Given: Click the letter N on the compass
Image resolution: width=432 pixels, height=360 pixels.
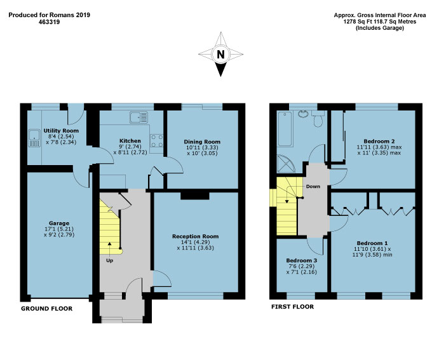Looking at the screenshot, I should point(220,55).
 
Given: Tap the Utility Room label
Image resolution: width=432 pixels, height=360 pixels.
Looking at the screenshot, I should point(48,131).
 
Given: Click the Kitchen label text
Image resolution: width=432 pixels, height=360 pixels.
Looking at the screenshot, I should point(130,141).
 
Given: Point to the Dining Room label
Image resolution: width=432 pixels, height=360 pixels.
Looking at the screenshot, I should point(202,142).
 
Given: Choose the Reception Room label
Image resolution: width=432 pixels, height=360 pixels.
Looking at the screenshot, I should point(195,236).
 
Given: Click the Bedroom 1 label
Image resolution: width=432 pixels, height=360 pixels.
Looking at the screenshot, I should point(372,243).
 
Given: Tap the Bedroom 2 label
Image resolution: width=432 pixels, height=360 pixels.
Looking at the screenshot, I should point(380,141).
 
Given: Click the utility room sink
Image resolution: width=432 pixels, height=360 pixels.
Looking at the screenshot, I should point(33,137).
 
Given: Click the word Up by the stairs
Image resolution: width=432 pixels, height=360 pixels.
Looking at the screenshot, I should point(110,260).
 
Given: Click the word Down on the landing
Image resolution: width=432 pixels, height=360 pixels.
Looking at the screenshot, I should point(313,187).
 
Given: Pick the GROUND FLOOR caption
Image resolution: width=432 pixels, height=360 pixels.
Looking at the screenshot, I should point(46,309).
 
